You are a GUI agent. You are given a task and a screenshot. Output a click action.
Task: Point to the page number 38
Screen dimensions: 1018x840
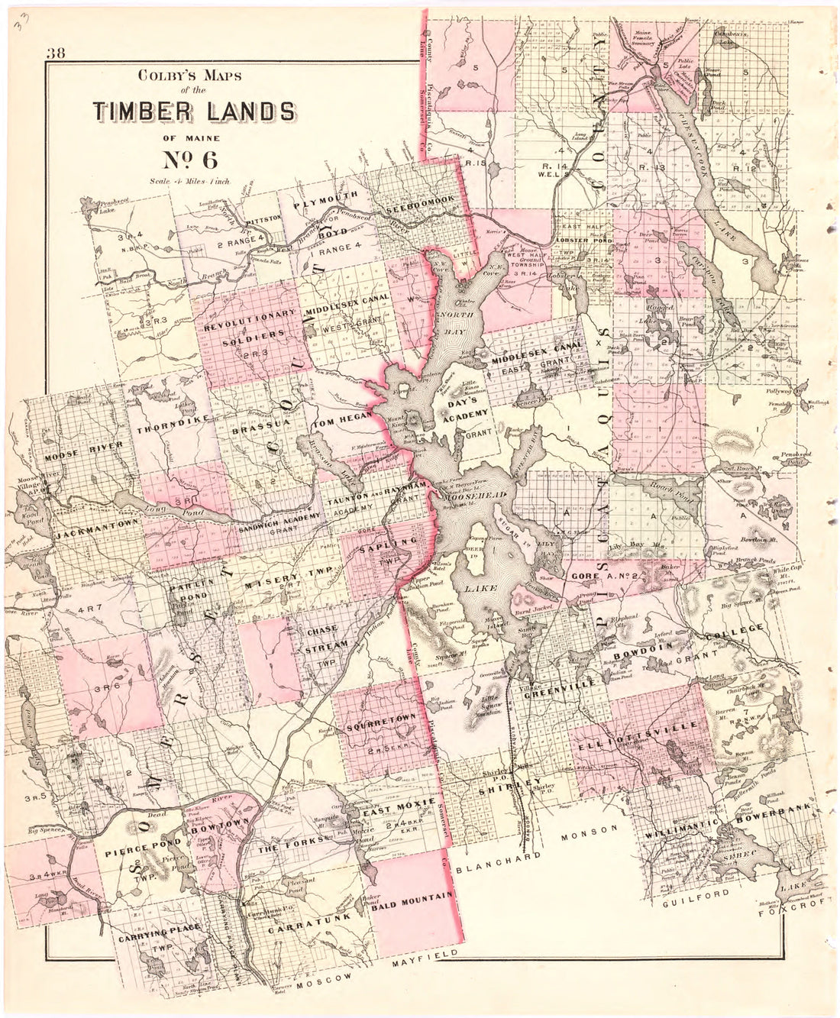(x=57, y=54)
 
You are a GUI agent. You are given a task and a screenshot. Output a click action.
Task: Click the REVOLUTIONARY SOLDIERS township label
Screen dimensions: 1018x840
(x=249, y=324)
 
